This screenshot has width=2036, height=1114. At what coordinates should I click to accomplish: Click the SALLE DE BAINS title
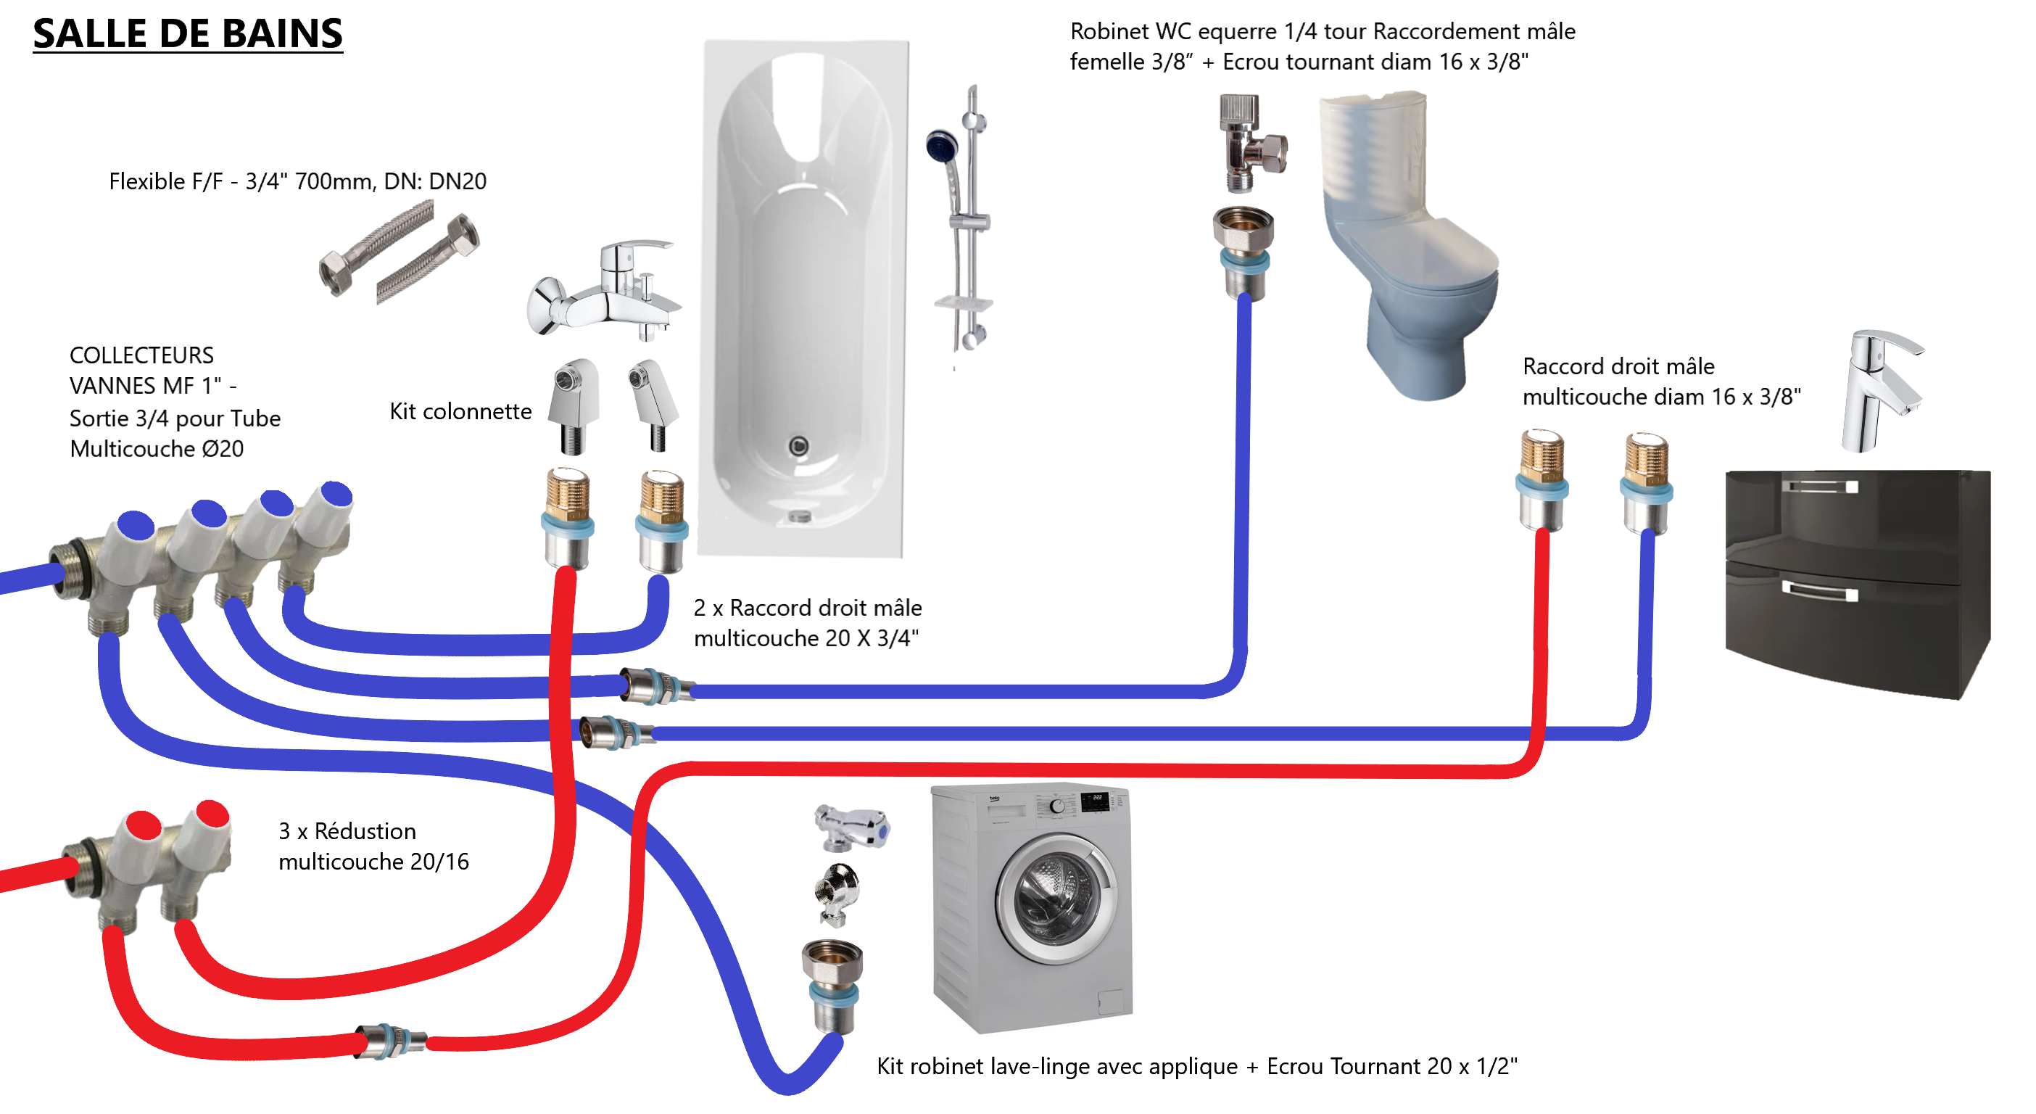point(187,34)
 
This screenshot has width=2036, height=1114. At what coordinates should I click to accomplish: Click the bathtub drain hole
point(799,447)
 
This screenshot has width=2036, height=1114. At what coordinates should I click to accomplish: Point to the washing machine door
point(1056,901)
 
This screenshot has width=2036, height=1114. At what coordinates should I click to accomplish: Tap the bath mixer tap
point(605,292)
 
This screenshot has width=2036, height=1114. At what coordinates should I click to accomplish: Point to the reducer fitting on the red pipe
point(390,1041)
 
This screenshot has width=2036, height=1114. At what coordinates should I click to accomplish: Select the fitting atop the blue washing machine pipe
point(832,984)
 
